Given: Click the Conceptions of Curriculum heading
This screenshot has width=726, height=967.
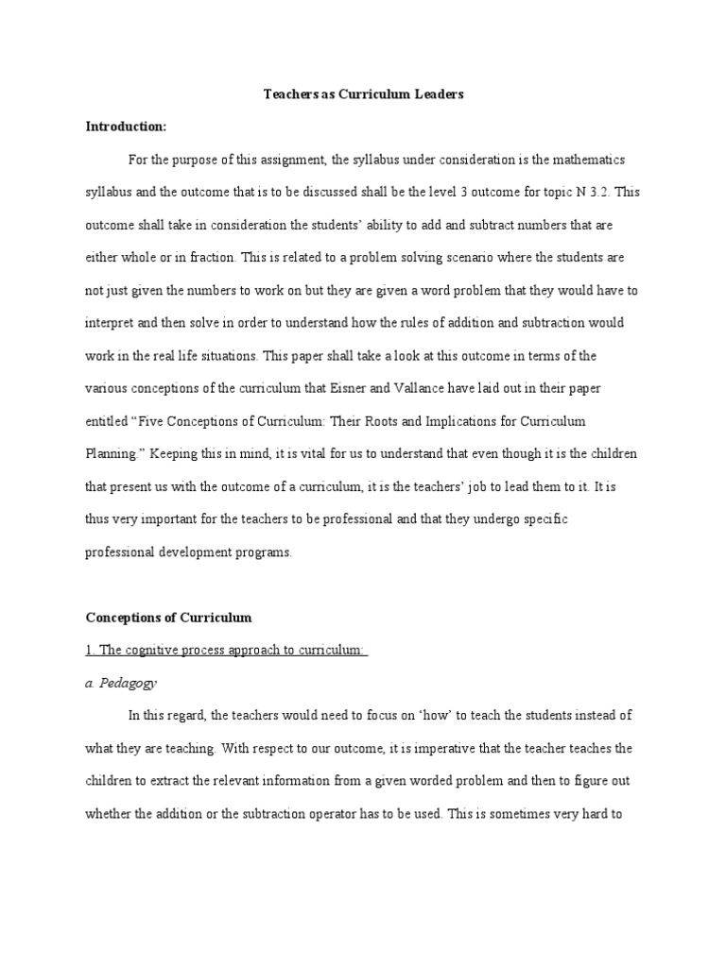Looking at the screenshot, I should click(x=169, y=618).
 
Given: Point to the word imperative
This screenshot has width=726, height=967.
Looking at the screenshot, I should click(x=449, y=748).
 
